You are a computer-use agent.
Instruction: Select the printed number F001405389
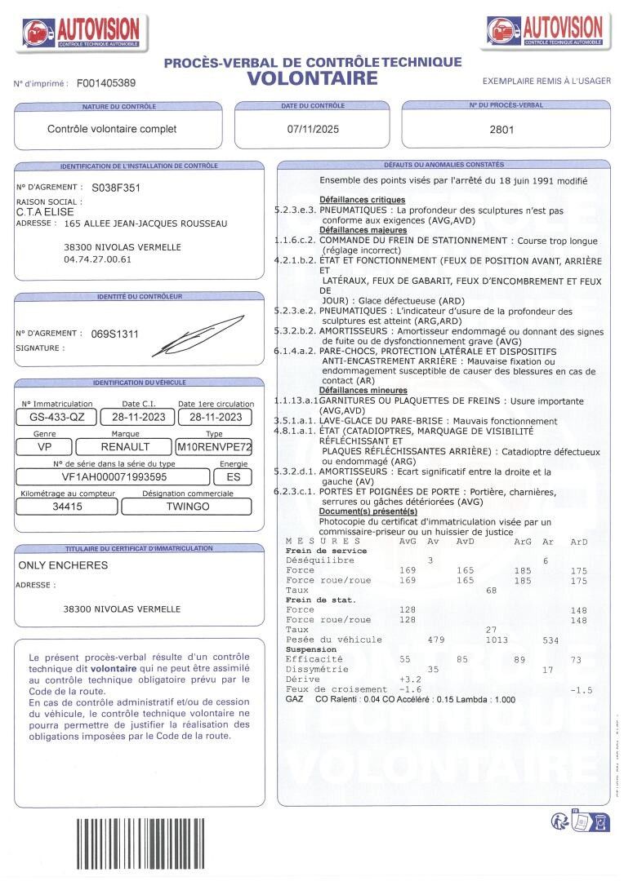(106, 83)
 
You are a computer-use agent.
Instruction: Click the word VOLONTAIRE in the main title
(313, 78)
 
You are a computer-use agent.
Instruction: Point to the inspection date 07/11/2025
(311, 129)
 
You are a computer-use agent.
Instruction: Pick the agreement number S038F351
(116, 188)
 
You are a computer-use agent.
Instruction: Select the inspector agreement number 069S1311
(115, 334)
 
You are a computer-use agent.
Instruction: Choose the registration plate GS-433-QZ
(56, 416)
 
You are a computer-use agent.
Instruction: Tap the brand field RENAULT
(125, 447)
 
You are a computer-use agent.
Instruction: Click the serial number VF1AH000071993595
(114, 477)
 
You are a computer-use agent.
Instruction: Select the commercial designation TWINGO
(187, 507)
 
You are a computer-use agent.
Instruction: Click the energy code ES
(233, 477)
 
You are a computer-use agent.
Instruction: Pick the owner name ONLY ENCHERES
(63, 564)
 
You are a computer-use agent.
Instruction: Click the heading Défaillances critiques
(362, 200)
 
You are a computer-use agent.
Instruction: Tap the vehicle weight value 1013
(497, 640)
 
